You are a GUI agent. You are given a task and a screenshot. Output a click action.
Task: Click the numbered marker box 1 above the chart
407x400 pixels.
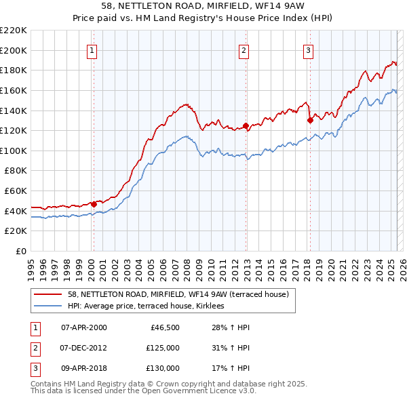click(92, 49)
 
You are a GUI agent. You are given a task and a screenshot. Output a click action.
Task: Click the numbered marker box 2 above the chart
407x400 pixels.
click(244, 49)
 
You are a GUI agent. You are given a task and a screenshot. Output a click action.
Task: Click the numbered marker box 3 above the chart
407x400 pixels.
click(308, 49)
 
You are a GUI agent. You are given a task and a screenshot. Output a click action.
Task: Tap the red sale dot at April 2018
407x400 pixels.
click(310, 120)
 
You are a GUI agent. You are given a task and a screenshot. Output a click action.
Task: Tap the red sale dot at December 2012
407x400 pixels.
click(246, 125)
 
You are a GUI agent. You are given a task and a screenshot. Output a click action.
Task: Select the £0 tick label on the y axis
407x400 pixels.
click(20, 251)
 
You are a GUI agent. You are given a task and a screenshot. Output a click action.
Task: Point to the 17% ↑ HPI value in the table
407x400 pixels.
click(227, 368)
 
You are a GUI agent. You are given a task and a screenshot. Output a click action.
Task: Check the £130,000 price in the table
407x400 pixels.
click(162, 368)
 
